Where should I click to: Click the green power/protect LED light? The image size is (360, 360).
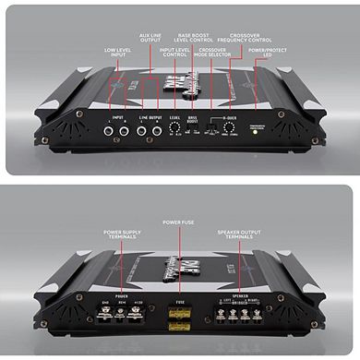point(256,131)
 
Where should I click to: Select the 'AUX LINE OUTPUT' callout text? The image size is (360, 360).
point(149,37)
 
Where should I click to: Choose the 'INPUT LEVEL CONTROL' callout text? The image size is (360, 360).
point(174,53)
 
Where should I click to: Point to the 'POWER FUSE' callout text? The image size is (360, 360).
point(179,222)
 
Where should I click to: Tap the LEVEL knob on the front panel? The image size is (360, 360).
point(174,131)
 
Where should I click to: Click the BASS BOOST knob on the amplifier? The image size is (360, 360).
point(196,131)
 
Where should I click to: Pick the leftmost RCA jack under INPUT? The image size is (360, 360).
point(109,131)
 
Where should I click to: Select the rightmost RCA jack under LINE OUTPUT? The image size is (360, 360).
point(155,131)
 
